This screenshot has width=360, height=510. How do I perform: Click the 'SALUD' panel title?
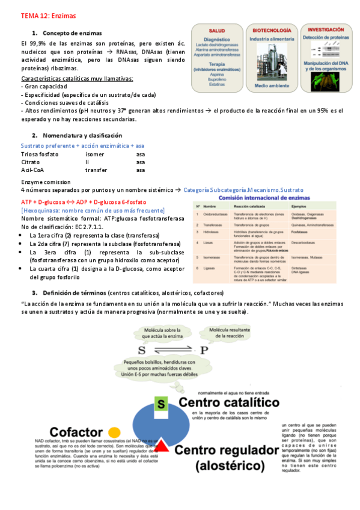[217, 29]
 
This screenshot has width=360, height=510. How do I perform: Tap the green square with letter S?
[160, 404]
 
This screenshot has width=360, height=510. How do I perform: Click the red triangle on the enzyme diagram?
[162, 445]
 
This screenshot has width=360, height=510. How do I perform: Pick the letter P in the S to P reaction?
[204, 350]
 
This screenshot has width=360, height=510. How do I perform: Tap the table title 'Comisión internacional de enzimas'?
[269, 197]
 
